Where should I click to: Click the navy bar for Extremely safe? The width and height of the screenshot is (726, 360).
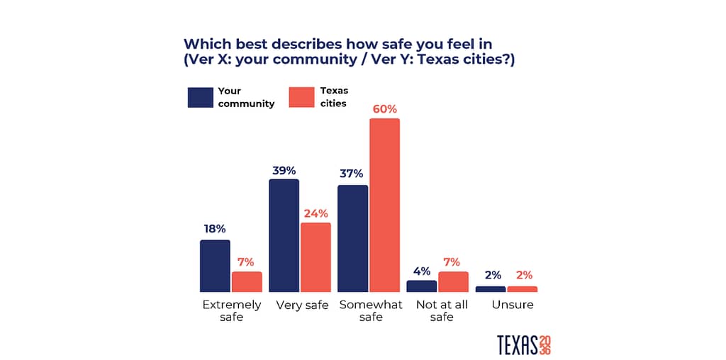[215, 266]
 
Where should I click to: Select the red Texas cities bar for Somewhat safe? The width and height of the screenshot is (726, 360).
[384, 205]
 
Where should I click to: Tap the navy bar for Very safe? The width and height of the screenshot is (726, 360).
[284, 235]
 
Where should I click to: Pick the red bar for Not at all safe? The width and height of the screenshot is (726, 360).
[453, 281]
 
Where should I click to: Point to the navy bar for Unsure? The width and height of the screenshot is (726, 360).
[491, 289]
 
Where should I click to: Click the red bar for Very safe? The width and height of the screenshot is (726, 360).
[315, 257]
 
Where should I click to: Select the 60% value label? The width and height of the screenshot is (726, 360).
[385, 109]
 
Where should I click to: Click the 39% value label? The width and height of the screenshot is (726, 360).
[284, 170]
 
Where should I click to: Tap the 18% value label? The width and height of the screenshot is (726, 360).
[214, 229]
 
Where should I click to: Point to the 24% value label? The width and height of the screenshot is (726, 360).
[316, 213]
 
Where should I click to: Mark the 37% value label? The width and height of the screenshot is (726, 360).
[352, 174]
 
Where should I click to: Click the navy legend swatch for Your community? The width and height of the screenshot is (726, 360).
[201, 97]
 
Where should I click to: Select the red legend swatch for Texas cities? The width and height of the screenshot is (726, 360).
[301, 97]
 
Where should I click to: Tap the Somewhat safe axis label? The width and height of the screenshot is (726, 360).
[371, 310]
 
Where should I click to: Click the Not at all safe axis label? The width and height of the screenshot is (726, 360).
[442, 310]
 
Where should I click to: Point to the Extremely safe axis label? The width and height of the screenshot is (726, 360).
[232, 310]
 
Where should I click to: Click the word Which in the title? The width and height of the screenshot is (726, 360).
[206, 43]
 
